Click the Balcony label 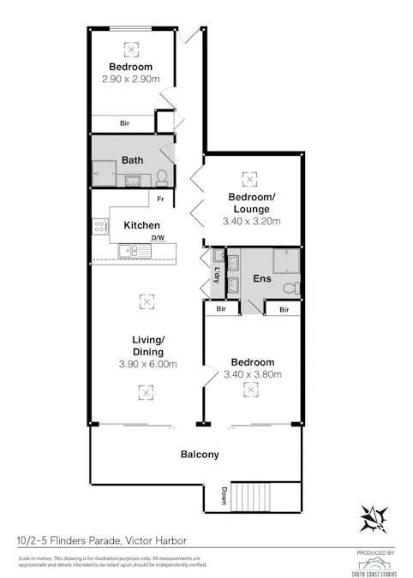pos(200,455)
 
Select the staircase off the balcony pos(253,496)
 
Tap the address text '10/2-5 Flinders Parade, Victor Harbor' pos(101,540)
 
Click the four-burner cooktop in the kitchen pos(99,227)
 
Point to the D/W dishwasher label pos(158,238)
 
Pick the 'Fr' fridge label pos(159,200)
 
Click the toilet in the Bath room pos(160,177)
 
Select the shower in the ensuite pos(284,259)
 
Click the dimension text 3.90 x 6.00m pos(147,364)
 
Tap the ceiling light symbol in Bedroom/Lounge pos(250,178)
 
